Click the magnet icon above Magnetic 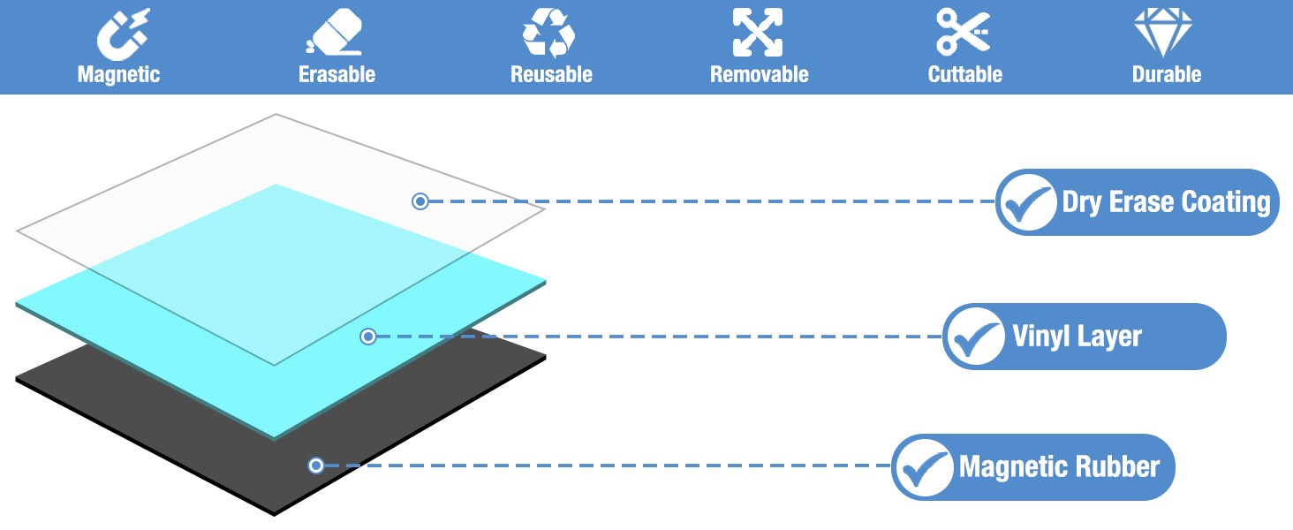123,34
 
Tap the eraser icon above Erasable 335,33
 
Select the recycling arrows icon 549,33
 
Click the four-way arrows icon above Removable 758,33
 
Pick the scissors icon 963,33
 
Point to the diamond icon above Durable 1163,33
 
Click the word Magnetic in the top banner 119,74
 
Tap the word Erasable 337,74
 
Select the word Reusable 551,74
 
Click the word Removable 759,74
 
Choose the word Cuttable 965,74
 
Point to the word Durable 1167,74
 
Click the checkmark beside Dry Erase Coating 1027,203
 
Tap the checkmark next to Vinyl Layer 976,337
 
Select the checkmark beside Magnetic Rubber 924,468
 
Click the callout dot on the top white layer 420,201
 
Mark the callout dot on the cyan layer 368,337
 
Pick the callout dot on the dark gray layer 316,466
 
